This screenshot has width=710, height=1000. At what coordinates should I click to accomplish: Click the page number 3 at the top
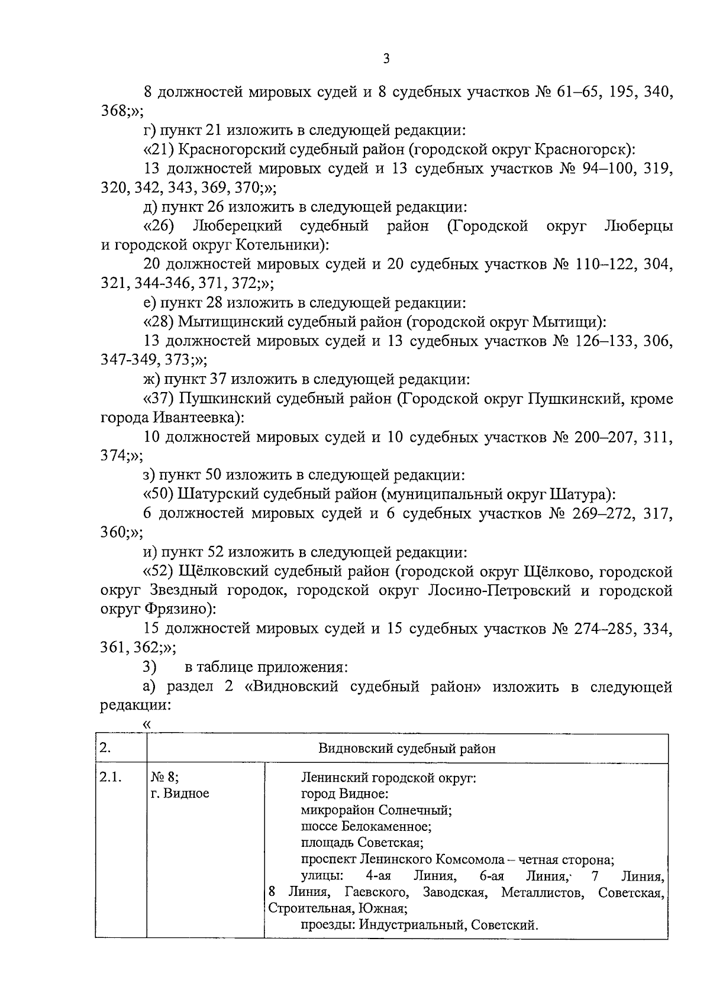(386, 58)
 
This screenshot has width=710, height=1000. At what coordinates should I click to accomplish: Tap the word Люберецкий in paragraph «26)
(237, 225)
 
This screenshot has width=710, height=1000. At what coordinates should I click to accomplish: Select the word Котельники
(280, 244)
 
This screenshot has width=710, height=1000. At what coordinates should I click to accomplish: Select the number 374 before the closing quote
(114, 456)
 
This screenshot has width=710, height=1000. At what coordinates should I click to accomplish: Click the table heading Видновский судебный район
(407, 749)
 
